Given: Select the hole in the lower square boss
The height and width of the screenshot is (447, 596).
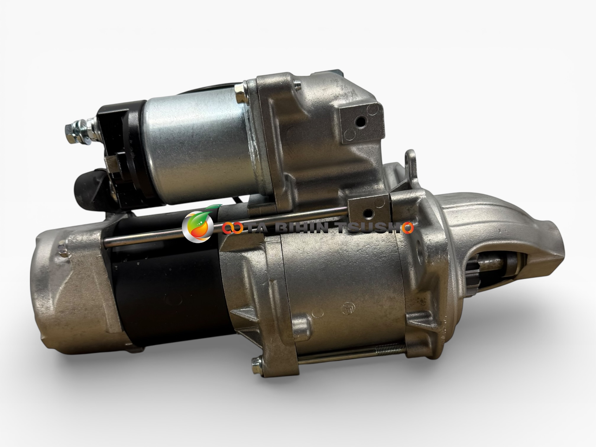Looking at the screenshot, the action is pos(368,212).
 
